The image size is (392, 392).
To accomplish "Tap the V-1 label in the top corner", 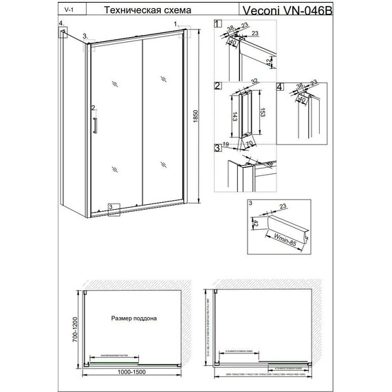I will [x=66, y=11].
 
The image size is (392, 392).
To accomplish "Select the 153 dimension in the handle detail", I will [x=261, y=114].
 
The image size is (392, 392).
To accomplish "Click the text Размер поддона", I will [x=135, y=318].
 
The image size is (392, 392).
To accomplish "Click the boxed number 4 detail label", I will [x=279, y=86].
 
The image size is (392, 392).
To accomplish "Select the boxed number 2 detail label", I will [x=217, y=86].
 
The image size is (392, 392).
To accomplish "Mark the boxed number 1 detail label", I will [x=218, y=24].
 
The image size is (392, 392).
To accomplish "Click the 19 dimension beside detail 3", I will [x=226, y=144].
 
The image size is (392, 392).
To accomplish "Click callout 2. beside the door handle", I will [x=92, y=107].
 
